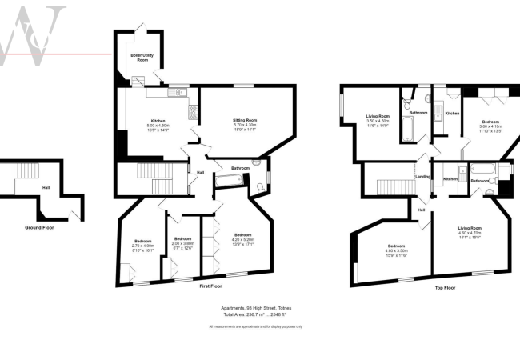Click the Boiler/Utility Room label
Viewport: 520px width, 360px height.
(x=141, y=57)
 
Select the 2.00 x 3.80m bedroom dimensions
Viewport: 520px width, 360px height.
(x=183, y=243)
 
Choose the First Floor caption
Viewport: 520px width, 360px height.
(x=210, y=286)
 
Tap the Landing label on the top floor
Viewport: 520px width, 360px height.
(x=423, y=175)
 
